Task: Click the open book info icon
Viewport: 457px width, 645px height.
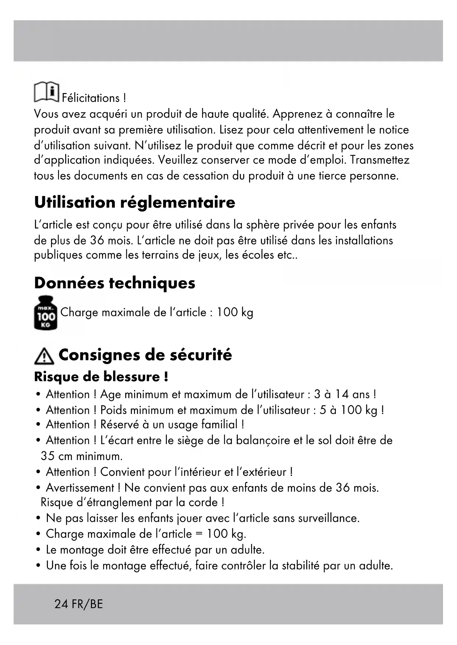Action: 46,92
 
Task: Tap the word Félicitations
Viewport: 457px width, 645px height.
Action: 91,98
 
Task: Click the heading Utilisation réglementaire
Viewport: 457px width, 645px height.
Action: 134,202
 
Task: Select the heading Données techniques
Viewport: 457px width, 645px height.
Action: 115,283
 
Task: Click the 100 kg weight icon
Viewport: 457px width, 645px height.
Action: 45,313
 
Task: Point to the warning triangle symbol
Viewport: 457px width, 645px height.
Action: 44,356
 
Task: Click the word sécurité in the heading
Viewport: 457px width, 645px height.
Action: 201,355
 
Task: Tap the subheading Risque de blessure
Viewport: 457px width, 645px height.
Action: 101,377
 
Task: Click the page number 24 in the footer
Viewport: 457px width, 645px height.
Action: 61,604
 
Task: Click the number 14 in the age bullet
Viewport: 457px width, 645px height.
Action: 342,394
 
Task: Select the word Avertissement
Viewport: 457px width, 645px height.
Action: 80,488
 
